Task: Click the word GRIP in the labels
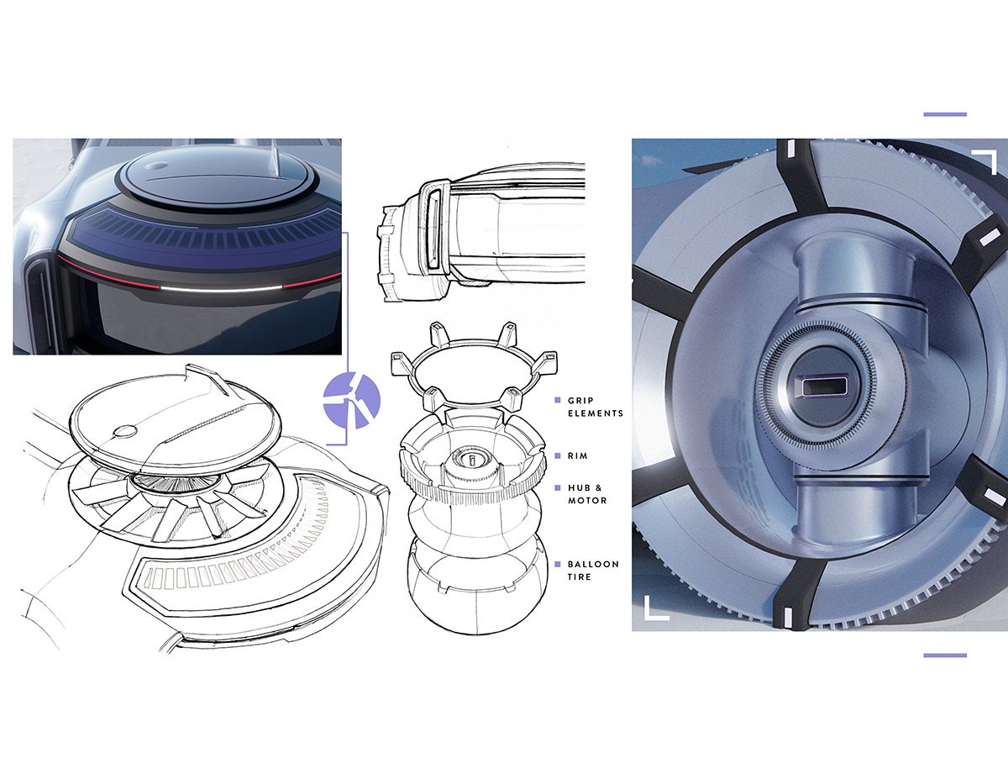pos(580,401)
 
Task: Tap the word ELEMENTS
pos(596,413)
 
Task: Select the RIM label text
pos(578,456)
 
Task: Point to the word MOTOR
pos(587,501)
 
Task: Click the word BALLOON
pos(593,564)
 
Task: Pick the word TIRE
pos(580,577)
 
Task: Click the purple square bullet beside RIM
pos(558,455)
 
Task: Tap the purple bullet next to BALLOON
pos(558,564)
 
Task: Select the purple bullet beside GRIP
pos(558,400)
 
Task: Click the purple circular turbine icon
pos(351,401)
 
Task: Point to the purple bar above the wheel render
pos(945,114)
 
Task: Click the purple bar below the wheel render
pos(945,655)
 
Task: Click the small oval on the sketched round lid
pos(125,431)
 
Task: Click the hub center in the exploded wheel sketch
pos(471,460)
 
